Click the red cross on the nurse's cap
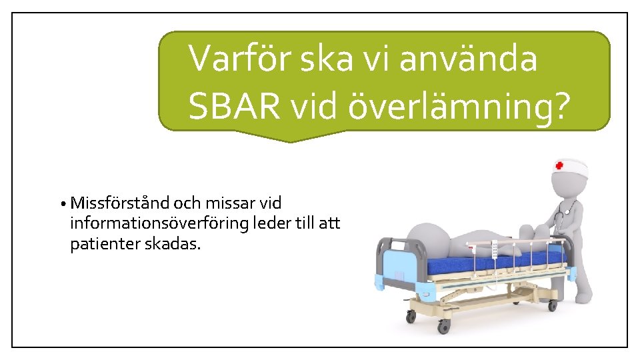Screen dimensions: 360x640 pyautogui.click(x=559, y=165)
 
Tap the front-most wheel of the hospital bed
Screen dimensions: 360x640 pyautogui.click(x=443, y=326)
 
